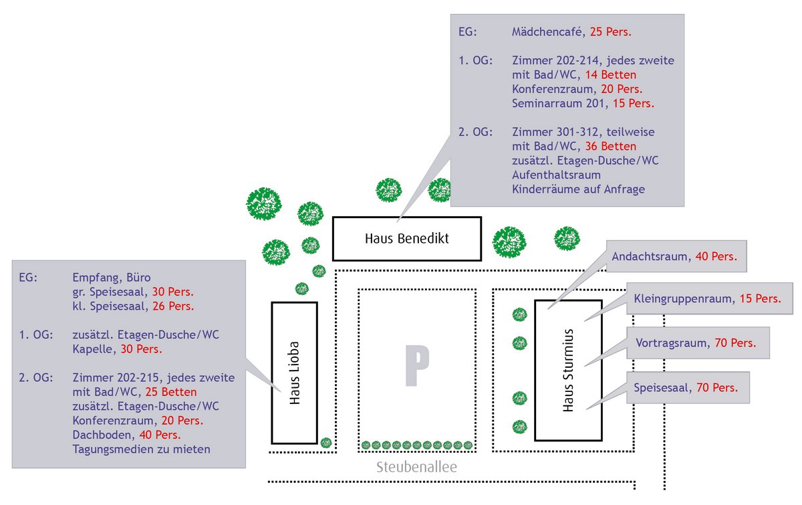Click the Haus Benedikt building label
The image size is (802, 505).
406,238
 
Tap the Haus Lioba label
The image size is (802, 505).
294,373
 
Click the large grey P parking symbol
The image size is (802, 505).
416,366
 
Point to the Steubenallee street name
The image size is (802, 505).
416,467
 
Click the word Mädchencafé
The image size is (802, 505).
547,31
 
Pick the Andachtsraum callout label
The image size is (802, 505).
674,257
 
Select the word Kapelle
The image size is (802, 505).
92,348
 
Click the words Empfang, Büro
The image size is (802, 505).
112,278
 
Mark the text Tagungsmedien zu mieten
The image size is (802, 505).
141,449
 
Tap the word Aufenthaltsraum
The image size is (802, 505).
556,175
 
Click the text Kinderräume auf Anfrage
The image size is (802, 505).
578,189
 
